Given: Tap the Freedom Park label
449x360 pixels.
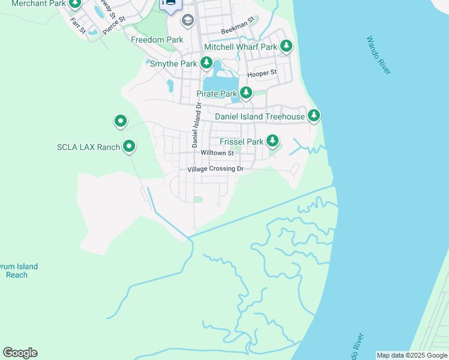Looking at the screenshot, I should point(157,40).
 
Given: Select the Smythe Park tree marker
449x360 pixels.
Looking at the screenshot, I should point(206,63).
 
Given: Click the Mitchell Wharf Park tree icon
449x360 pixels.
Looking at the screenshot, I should point(286,46).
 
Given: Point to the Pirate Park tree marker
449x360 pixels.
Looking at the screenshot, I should point(246,94).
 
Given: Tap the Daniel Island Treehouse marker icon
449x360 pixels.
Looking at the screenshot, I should point(313,115).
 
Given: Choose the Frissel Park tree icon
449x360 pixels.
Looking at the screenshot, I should point(273,142).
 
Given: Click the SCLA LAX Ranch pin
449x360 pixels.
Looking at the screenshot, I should point(129,146).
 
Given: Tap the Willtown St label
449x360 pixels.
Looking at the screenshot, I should point(217,153).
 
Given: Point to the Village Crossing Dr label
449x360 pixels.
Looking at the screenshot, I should point(215,170).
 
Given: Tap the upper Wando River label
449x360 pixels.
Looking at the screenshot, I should point(379,55).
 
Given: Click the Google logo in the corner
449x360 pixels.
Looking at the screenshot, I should point(20,353).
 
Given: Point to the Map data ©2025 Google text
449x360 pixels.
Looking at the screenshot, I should point(412,355).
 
